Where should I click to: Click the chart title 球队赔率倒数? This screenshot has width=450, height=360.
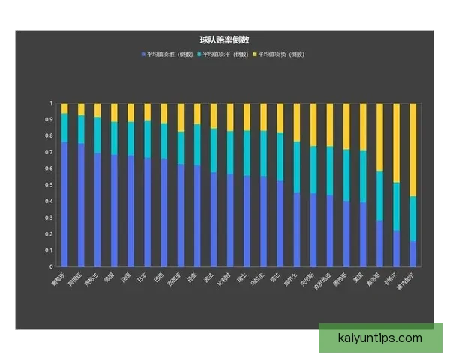coord(224,40)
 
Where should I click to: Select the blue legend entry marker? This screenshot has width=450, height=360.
coord(143,55)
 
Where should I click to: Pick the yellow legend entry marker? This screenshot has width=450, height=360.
coord(255,55)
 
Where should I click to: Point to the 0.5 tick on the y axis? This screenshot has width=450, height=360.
coord(51,185)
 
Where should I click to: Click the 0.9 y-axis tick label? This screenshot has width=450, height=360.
coord(51,120)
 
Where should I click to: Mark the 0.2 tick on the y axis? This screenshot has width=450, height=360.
coord(51,234)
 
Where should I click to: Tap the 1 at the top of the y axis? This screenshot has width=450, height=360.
coord(52,103)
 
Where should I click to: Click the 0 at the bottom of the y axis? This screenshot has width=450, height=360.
coord(52,266)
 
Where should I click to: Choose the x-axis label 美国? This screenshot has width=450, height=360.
coord(360,280)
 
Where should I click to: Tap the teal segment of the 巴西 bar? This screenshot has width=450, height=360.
coord(164,141)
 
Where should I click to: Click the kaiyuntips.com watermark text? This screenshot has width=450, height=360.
coord(380,338)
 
